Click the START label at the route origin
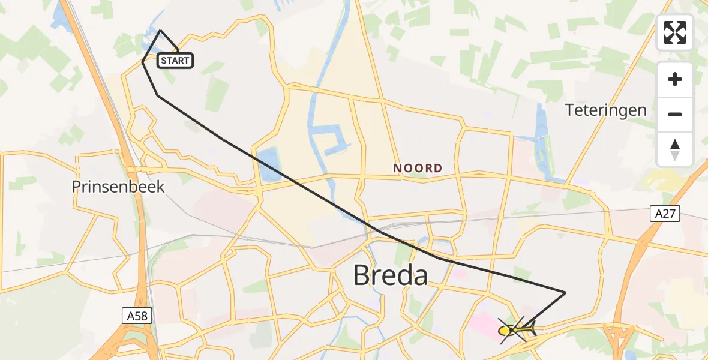coord(175,60)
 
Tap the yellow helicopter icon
coord(515,329)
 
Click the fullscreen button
coord(675,32)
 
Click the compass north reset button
coord(675,149)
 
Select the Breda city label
coord(390,276)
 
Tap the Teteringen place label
coord(606,110)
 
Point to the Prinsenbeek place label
coord(118,187)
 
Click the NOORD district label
coord(418,169)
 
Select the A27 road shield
coord(665,214)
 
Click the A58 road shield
coord(137,316)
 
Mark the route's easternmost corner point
coord(565,292)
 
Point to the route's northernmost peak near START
coord(161,30)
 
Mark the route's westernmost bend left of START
coord(142,62)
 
